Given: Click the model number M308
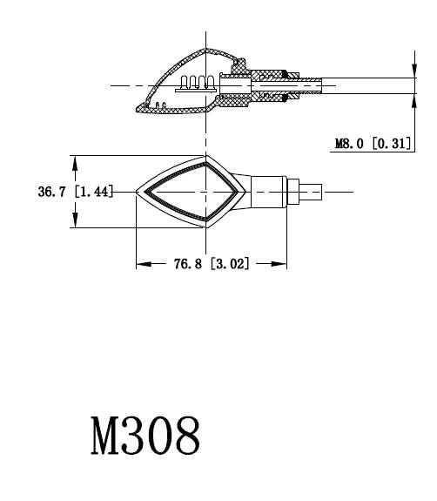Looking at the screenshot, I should [x=145, y=436].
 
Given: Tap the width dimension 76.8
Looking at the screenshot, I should [x=188, y=264].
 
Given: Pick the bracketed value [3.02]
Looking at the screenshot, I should [x=230, y=264].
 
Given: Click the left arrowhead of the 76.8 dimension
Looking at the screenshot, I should [x=141, y=264].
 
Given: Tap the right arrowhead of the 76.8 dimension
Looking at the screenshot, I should [x=283, y=264].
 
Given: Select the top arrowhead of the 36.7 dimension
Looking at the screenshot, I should [x=76, y=161].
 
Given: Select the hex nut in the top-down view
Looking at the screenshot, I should [x=294, y=191].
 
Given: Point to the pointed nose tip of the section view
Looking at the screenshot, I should [x=137, y=110].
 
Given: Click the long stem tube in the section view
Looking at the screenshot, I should [x=366, y=85].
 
